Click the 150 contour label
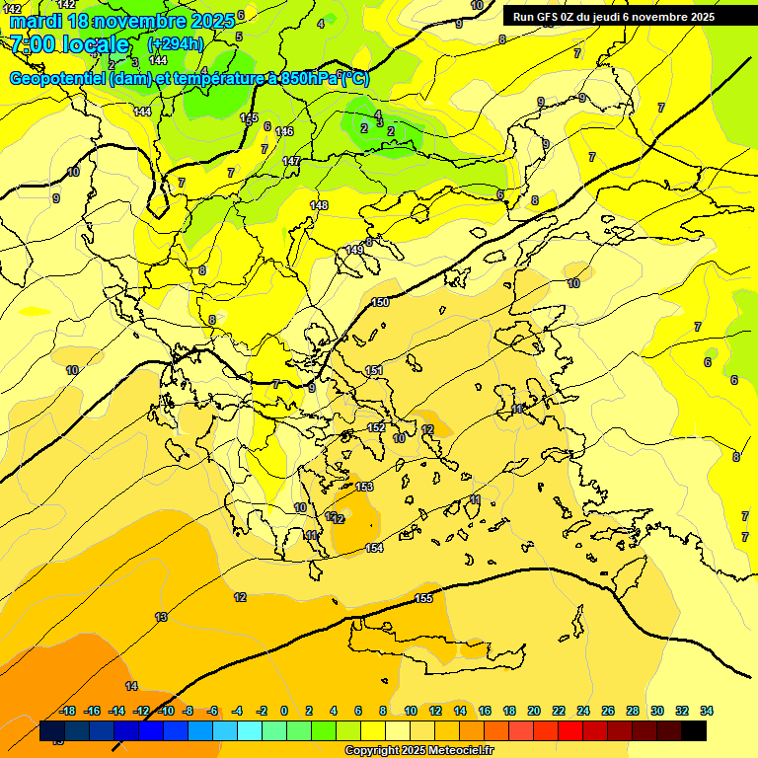[x=380, y=302]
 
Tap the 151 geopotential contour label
[x=374, y=370]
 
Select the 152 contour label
[x=376, y=427]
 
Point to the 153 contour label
[x=364, y=487]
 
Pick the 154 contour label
[x=374, y=548]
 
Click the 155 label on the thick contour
[x=423, y=598]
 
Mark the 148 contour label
[x=319, y=205]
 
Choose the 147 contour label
[x=291, y=161]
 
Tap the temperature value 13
[x=161, y=617]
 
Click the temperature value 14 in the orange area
[x=131, y=686]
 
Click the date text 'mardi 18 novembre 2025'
[x=122, y=20]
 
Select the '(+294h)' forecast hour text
[x=176, y=43]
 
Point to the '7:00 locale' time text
[x=70, y=44]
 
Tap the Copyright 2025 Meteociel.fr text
[x=418, y=751]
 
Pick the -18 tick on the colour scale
[x=68, y=711]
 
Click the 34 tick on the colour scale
[x=706, y=711]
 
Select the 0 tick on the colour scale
[x=284, y=711]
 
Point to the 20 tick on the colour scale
[x=534, y=711]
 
